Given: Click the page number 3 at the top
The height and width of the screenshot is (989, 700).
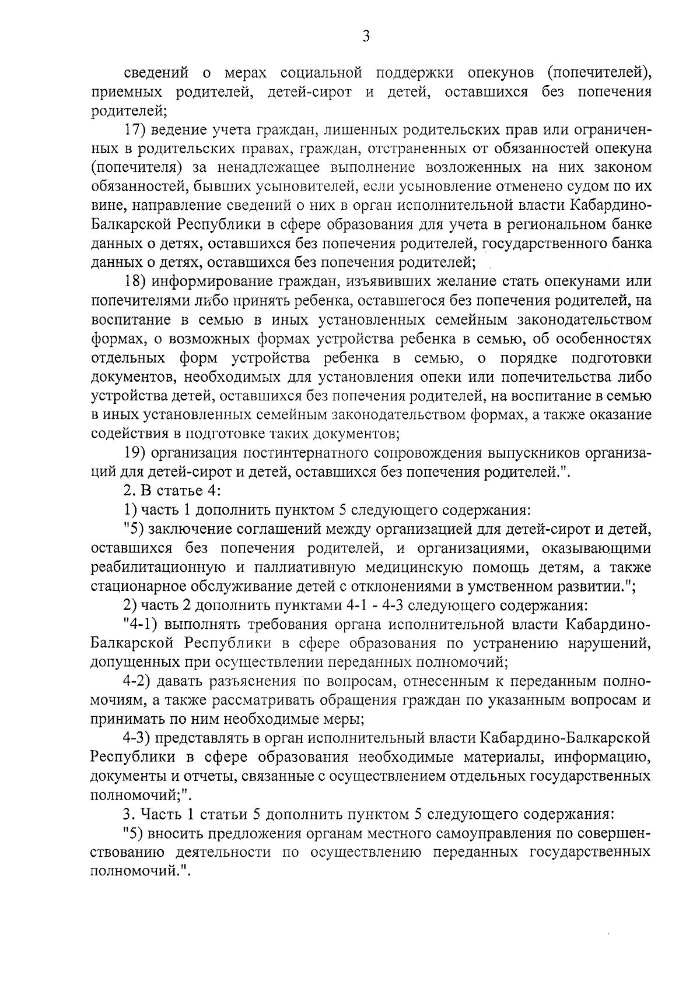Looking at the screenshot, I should [x=366, y=36].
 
